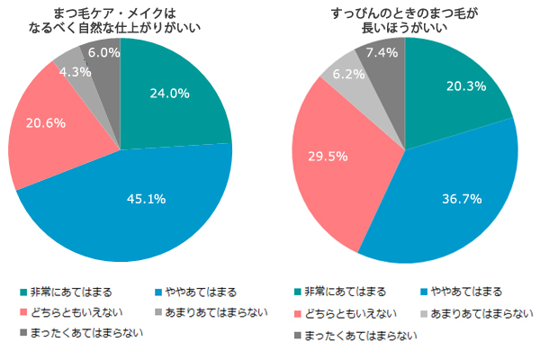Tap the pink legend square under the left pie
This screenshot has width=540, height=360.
coord(24,313)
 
